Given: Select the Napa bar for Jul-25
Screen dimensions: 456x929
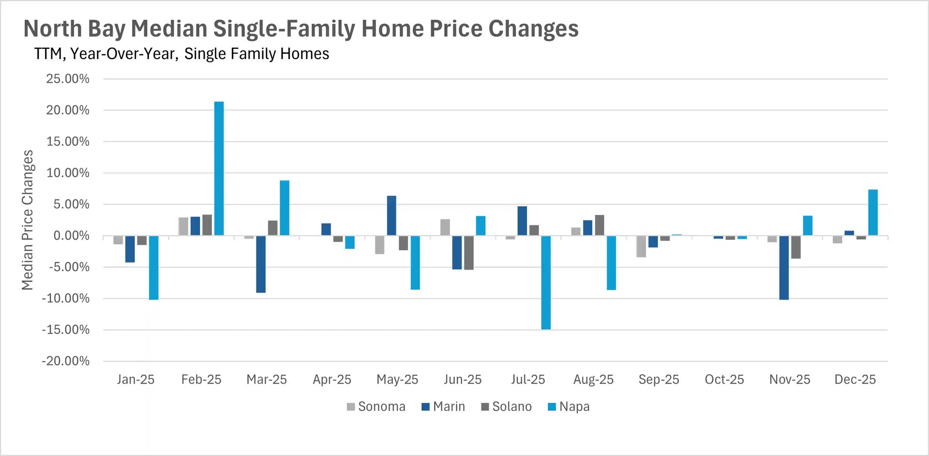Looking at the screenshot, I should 546,283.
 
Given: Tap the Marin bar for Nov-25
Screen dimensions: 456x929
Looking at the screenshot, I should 784,268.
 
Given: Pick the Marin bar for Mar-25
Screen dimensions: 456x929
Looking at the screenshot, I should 261,264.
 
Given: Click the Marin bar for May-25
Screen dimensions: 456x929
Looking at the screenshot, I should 391,216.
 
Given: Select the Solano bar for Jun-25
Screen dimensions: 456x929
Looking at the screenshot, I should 468,253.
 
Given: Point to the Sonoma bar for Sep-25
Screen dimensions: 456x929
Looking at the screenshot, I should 641,246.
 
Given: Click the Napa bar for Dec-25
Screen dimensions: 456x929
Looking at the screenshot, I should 873,213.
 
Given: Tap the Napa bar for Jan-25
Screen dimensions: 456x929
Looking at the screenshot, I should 153,268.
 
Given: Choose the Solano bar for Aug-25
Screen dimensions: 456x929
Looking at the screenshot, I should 599,226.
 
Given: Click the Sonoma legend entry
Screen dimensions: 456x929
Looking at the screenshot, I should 376,407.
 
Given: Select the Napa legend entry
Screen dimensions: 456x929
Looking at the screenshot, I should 569,407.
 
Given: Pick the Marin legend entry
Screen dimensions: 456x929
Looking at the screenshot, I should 443,407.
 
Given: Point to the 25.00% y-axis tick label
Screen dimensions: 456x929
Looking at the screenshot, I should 68,79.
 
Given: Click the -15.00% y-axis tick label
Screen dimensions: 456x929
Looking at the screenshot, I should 66,330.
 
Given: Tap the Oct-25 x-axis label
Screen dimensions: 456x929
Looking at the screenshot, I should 724,380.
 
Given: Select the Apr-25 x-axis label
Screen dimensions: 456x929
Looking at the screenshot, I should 332,380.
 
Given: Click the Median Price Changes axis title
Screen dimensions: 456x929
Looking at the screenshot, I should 28,220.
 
